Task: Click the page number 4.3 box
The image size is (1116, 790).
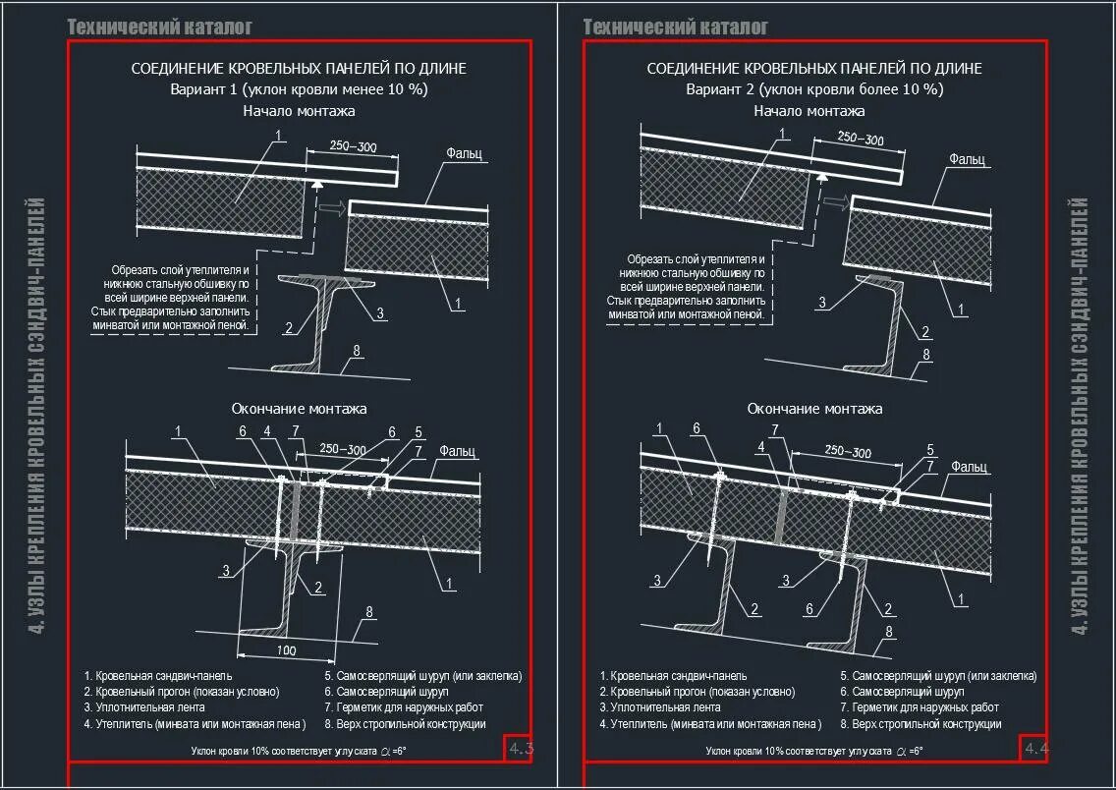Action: (520, 750)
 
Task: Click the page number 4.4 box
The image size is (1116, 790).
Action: (1035, 749)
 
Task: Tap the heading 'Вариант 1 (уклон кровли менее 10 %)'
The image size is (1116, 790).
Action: (299, 89)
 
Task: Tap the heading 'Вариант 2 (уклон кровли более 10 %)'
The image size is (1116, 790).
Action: (814, 89)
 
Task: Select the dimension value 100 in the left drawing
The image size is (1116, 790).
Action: (286, 650)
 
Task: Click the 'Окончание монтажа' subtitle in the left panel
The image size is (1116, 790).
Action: (299, 408)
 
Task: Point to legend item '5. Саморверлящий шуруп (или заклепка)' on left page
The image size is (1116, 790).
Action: (422, 676)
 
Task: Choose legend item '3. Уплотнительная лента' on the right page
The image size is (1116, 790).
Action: (660, 707)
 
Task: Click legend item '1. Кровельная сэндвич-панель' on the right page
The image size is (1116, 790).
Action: (673, 676)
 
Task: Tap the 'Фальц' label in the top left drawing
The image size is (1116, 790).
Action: (463, 153)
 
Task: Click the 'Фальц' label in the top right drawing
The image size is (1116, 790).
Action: (967, 158)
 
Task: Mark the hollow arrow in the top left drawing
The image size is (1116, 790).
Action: (334, 207)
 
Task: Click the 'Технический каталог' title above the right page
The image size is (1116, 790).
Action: (675, 27)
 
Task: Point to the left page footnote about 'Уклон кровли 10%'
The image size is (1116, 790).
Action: (299, 751)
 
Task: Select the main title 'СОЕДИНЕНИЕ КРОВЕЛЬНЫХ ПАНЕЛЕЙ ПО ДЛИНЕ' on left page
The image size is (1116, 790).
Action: (299, 69)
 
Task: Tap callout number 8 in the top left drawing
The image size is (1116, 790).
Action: (356, 350)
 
